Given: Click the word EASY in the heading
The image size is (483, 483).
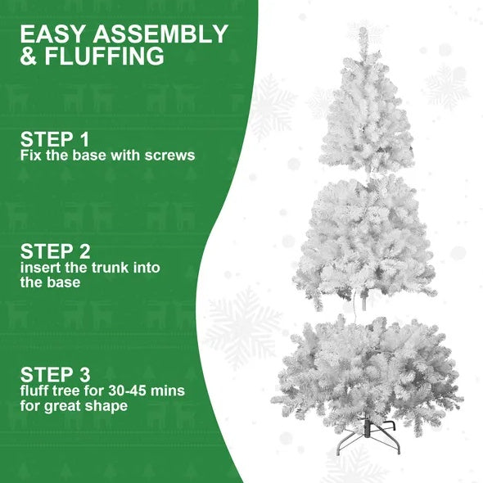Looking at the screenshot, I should point(53,34).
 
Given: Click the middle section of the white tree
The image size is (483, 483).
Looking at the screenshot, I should point(364,237).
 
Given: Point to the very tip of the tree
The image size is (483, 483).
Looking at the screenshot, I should point(363,30).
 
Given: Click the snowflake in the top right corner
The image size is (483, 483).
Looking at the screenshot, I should point(447,87).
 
